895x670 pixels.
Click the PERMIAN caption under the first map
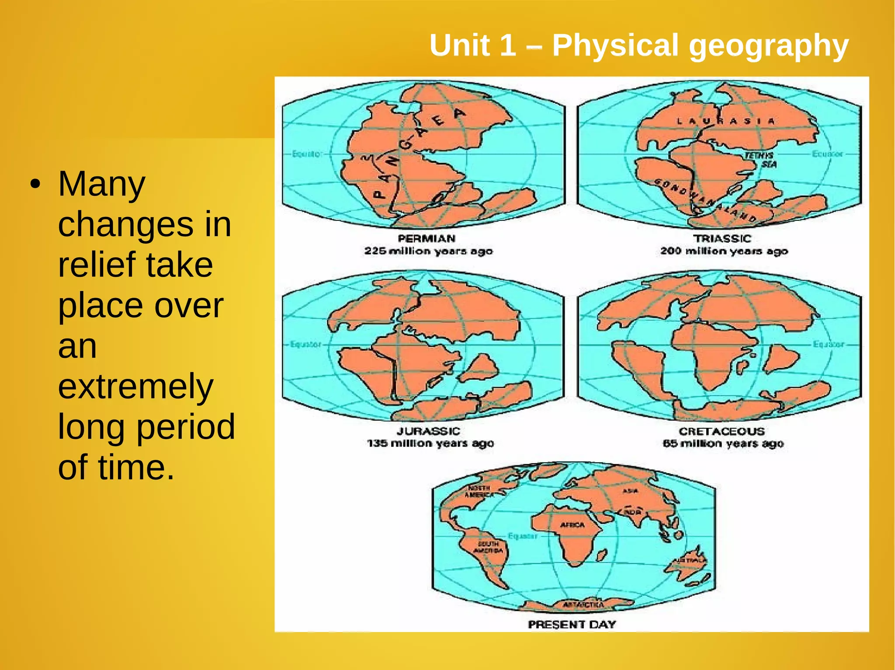[427, 238]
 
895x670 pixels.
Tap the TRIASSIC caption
[722, 238]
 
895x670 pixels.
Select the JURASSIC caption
[428, 431]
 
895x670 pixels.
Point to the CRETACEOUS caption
[722, 431]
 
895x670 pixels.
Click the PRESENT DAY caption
[572, 624]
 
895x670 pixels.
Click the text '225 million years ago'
[428, 251]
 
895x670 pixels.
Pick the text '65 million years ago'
[723, 443]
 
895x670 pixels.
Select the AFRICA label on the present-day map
[572, 525]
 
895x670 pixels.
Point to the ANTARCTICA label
[583, 605]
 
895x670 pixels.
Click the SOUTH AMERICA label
[488, 547]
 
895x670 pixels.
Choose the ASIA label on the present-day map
[630, 491]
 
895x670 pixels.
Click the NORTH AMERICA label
[479, 491]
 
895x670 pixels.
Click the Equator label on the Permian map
[307, 154]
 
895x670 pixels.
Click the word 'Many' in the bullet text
[101, 184]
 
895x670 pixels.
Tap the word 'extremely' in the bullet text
[135, 386]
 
